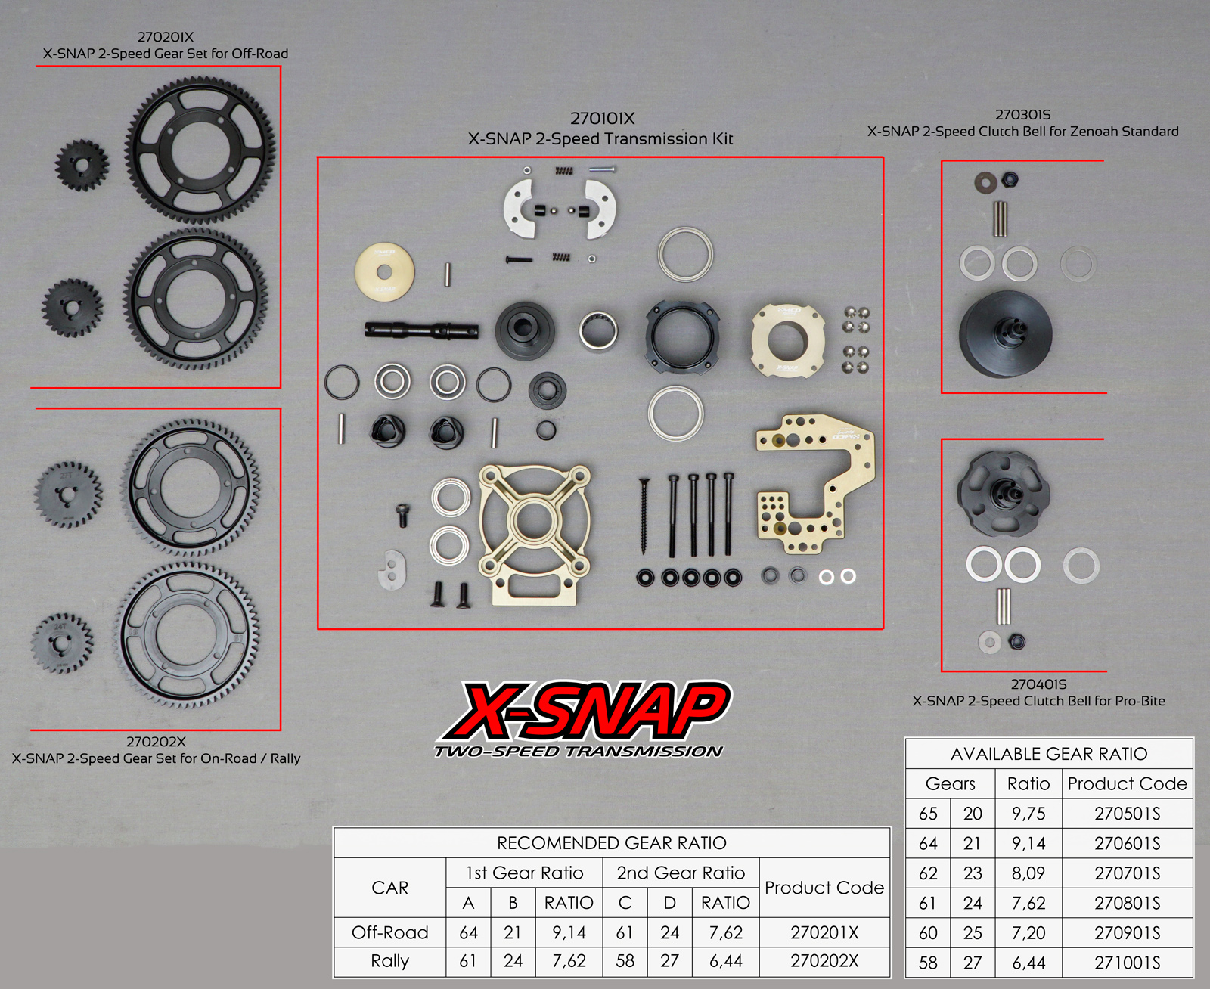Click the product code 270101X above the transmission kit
[602, 118]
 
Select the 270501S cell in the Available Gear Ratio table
[1127, 814]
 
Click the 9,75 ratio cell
[1028, 814]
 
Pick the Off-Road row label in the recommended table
[389, 932]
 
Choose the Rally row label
[389, 960]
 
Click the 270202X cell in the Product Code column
[824, 960]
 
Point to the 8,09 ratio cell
[1028, 873]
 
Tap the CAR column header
[389, 888]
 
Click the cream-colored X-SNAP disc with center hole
[384, 272]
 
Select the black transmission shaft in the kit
[422, 330]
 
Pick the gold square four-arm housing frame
[535, 535]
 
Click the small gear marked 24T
[61, 643]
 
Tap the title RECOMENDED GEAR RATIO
[612, 843]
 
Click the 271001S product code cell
[1127, 963]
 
